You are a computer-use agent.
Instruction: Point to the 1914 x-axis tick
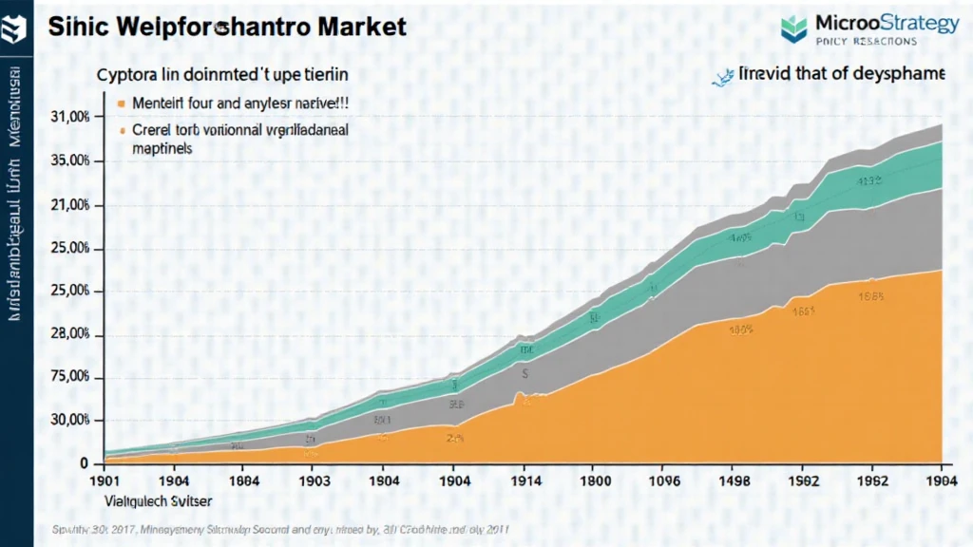coord(522,481)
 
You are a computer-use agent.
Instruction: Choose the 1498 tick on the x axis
coord(739,481)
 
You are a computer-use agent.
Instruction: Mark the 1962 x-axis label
coord(872,481)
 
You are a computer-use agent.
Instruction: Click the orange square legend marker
coord(121,103)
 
